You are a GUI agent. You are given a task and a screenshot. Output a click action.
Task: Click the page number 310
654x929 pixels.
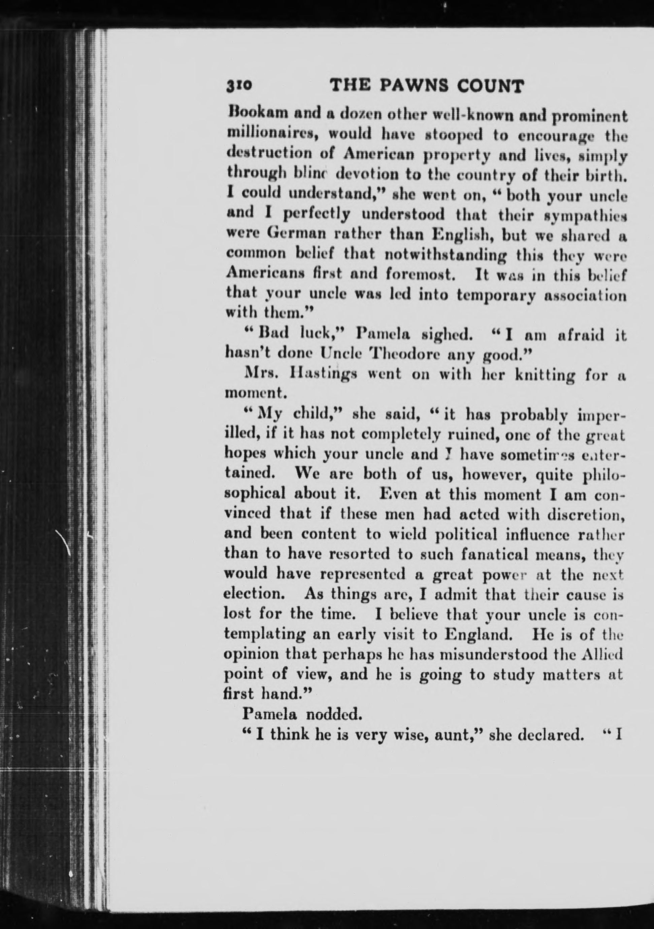tap(239, 86)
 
